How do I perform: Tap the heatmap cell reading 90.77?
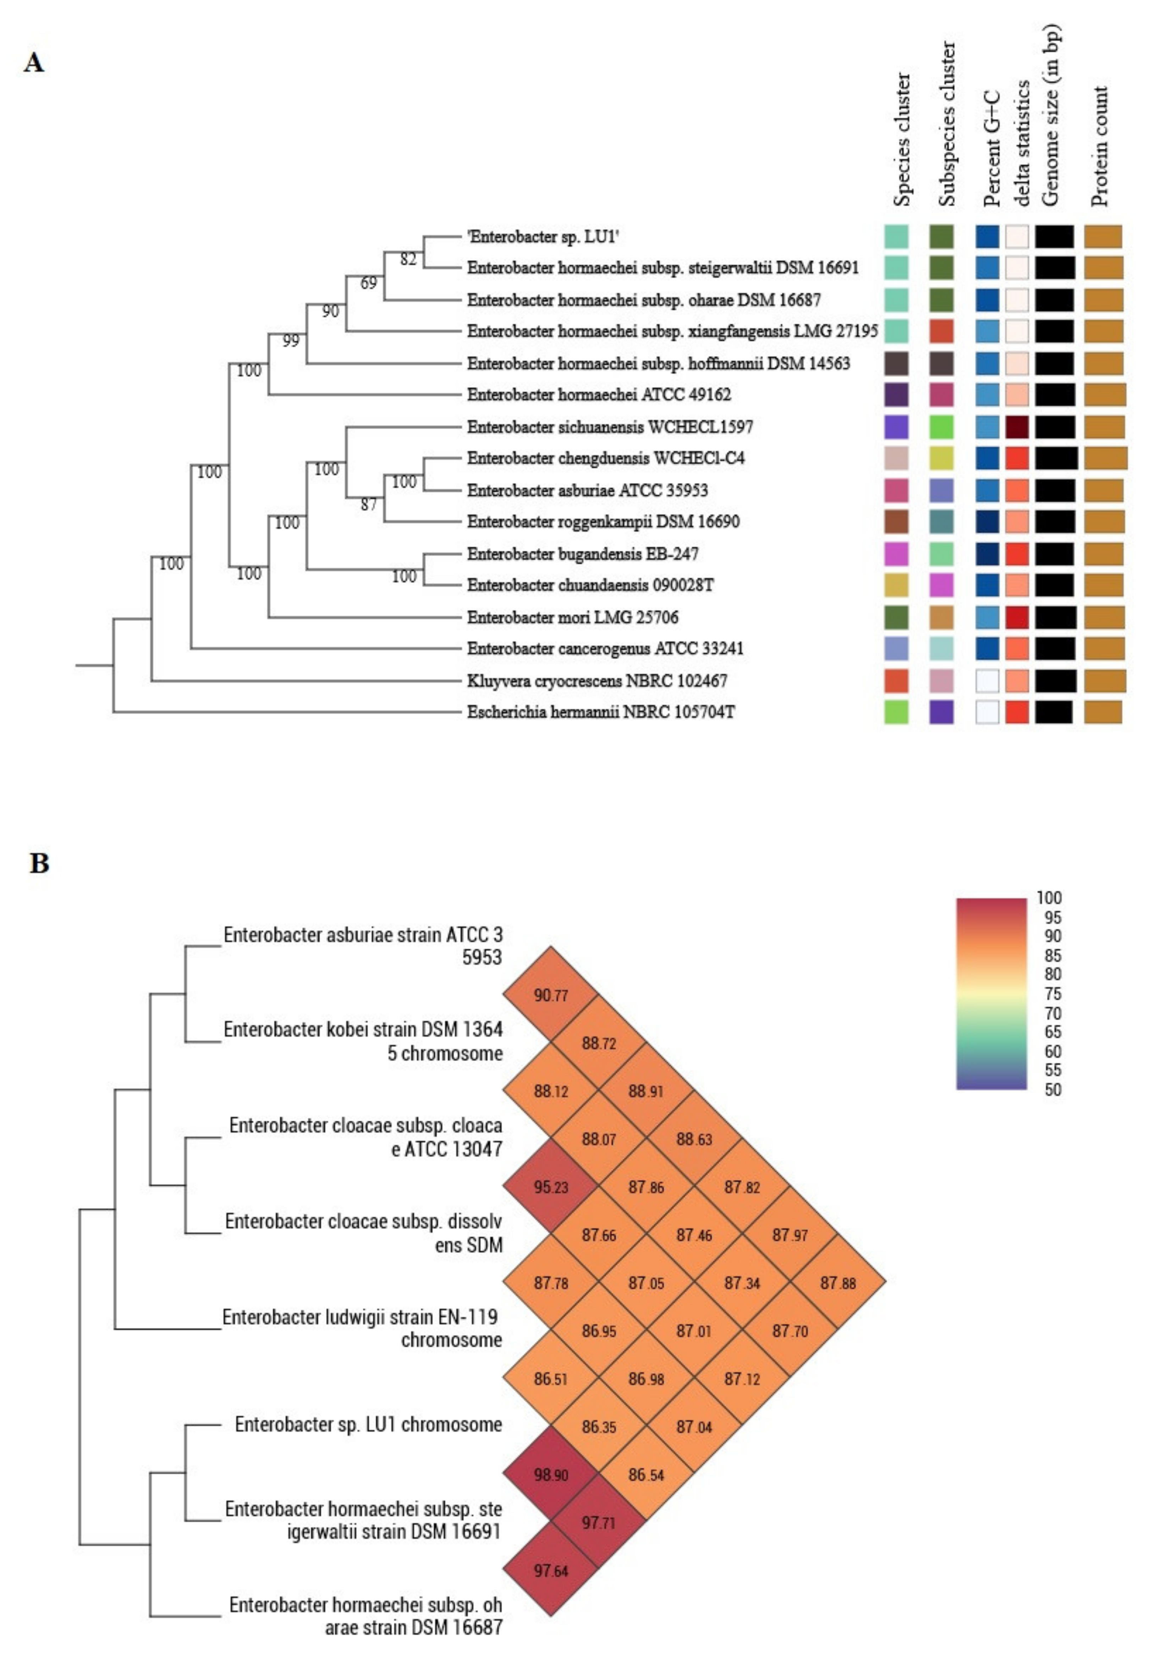coord(551,995)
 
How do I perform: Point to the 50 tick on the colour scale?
coord(1053,1089)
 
